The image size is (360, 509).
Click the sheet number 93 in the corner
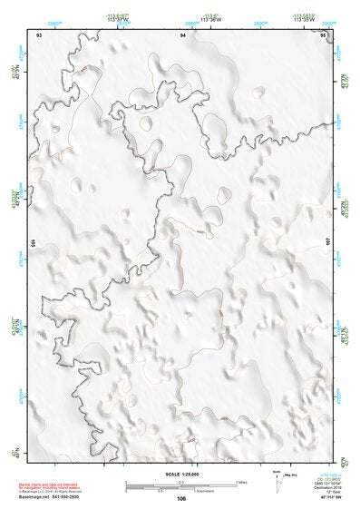pyautogui.click(x=39, y=34)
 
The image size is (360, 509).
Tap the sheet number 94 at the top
pyautogui.click(x=183, y=34)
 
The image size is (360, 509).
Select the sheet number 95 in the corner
pyautogui.click(x=324, y=34)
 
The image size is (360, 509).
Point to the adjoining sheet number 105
pyautogui.click(x=34, y=243)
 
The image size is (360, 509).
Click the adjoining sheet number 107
pyautogui.click(x=327, y=243)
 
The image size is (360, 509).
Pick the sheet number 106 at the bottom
pyautogui.click(x=182, y=498)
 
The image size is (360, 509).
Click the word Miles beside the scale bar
pyautogui.click(x=241, y=481)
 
